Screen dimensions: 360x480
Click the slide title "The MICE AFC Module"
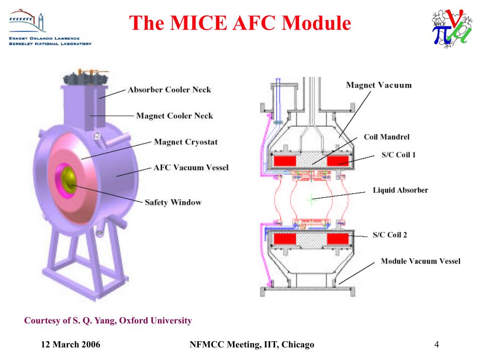coord(240,22)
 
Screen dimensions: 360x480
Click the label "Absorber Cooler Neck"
coord(169,90)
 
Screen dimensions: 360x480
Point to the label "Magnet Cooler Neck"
coord(174,116)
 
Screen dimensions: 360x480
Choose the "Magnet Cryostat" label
coord(186,142)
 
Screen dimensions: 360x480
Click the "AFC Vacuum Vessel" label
coord(191,167)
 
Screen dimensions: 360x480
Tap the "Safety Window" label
coord(173,202)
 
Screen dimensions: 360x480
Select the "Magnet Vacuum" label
coord(379,85)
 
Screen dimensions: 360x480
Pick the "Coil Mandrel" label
coord(387,137)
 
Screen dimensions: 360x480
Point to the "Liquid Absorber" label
coord(400,190)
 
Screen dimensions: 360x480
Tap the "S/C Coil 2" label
coord(390,234)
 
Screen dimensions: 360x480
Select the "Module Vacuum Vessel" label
coord(420,261)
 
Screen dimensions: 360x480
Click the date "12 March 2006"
coord(71,345)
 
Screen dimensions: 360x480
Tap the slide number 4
coord(436,345)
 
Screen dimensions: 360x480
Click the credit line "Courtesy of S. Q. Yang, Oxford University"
coord(108,321)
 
